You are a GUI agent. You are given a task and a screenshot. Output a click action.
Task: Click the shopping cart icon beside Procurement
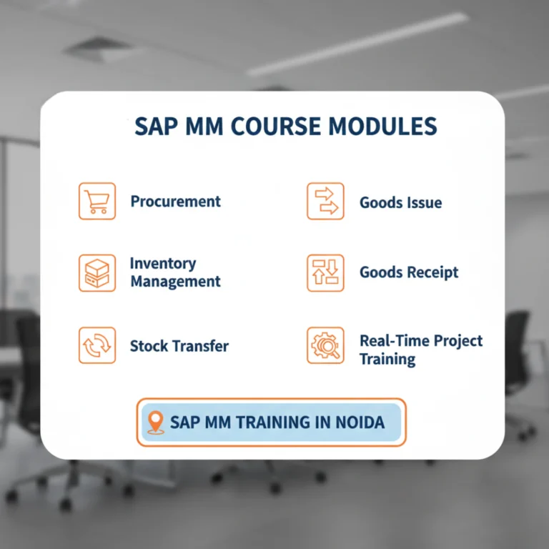pos(97,201)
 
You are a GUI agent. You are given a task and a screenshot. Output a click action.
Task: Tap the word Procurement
pos(175,202)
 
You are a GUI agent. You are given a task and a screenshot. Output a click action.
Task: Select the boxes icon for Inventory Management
pos(97,273)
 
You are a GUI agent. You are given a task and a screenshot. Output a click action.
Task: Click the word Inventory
pos(162,264)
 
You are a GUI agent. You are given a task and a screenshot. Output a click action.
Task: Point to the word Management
pos(175,282)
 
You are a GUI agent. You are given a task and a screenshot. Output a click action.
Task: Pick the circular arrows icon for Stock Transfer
pos(97,346)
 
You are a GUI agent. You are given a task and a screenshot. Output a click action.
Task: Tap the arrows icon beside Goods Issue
pos(325,202)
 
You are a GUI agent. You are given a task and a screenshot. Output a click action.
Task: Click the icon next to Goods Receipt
pos(325,273)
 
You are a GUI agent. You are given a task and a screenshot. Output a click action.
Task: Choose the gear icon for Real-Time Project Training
pos(325,346)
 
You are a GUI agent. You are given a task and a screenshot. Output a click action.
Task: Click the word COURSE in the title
pos(275,127)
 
